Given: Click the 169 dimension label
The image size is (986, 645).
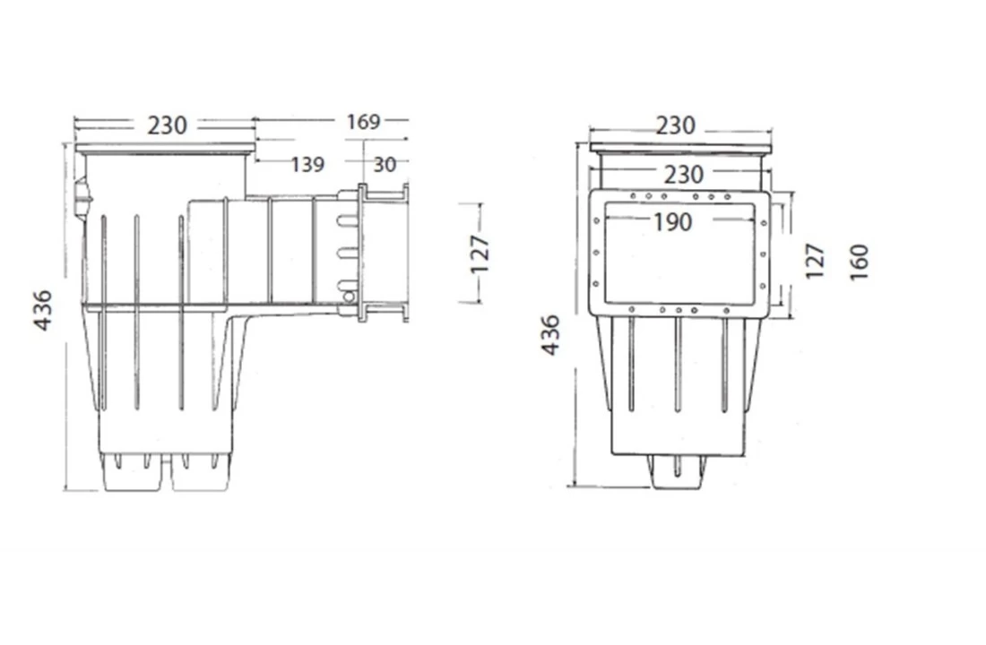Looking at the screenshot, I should coord(363,121).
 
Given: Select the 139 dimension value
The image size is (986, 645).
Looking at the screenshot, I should coord(307,164).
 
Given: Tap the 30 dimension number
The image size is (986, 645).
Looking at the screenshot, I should coord(385,164).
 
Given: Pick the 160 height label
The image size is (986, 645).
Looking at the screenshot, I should coord(860,262).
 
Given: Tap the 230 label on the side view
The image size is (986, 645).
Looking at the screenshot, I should coord(167,125).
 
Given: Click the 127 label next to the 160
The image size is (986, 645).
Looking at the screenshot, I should coord(814,262).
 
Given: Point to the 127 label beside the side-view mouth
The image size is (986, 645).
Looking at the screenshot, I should coord(480,254).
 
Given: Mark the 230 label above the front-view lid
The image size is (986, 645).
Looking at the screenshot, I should coord(675,126).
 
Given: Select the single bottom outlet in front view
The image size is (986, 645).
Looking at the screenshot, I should coord(677,472).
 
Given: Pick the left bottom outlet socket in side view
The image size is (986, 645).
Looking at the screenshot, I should coord(133,474).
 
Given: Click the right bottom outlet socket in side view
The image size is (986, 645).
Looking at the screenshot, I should coord(200,474).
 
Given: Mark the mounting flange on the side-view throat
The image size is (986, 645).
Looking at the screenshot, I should coord(361,251).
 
